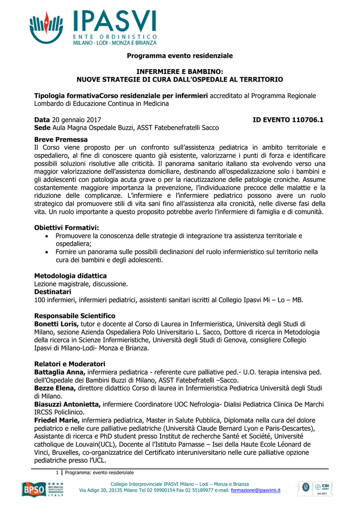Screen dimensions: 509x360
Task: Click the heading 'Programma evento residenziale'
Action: coord(180,56)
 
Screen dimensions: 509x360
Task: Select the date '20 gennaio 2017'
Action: coord(77,120)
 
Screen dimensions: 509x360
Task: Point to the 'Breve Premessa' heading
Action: coord(61,140)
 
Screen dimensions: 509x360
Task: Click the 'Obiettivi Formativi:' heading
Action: coord(66,228)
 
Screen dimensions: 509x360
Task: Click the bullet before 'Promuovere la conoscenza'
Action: coord(47,236)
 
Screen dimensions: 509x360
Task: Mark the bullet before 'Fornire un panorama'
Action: coord(47,252)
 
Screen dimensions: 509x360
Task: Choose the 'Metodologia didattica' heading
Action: coord(70,276)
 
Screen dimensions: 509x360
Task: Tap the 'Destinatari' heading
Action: coord(53,292)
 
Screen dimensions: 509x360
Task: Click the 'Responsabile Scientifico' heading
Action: coord(75,316)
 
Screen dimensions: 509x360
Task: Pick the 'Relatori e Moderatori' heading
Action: coord(70,364)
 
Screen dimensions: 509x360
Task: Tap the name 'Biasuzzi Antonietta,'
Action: coord(68,404)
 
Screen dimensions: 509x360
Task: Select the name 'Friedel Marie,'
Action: coord(57,420)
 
